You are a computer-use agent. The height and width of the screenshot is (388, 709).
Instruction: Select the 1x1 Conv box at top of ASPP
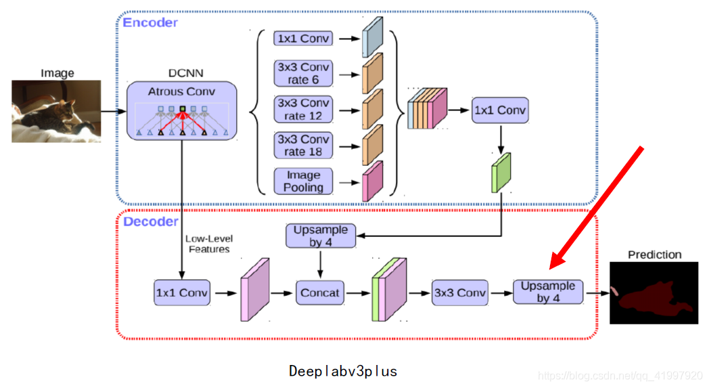(304, 39)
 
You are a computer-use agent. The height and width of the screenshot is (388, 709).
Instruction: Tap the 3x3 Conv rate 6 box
(304, 73)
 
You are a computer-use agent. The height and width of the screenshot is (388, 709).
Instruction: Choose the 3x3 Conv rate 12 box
(304, 109)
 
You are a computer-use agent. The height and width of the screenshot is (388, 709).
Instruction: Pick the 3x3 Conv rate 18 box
(304, 145)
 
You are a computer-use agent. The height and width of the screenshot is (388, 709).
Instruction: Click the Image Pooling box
(304, 181)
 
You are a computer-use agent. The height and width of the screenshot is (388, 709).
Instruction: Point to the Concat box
(320, 293)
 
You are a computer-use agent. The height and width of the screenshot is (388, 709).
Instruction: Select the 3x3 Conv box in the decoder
(460, 293)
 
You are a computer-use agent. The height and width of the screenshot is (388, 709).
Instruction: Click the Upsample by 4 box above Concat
(321, 236)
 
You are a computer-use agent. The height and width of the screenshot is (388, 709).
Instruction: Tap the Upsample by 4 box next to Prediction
(548, 292)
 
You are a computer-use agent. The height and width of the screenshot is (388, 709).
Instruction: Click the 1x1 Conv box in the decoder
(182, 293)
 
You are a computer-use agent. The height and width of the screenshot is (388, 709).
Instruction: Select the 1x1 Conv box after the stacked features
(499, 110)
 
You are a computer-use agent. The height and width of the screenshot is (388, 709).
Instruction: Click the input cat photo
(56, 111)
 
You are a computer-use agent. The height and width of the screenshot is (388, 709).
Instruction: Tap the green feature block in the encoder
(501, 173)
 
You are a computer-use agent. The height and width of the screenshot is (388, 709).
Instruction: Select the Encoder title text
(150, 22)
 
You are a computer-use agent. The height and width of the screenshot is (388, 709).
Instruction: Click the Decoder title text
(150, 221)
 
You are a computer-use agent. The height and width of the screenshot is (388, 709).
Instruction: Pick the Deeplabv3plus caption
(343, 371)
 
